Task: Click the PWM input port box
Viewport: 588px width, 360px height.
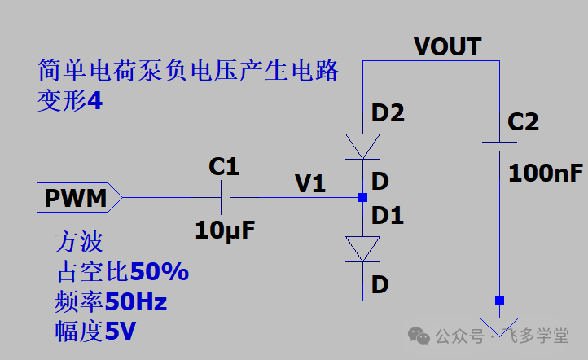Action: pyautogui.click(x=78, y=197)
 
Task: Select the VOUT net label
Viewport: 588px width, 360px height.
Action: pyautogui.click(x=447, y=46)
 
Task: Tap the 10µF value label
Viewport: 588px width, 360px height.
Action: pyautogui.click(x=225, y=230)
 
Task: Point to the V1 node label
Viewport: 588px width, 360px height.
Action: pyautogui.click(x=309, y=184)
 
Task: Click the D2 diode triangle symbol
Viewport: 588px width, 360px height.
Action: pyautogui.click(x=362, y=146)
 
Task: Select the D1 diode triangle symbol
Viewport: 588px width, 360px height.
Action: pyautogui.click(x=362, y=248)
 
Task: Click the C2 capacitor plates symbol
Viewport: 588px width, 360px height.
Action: pyautogui.click(x=499, y=146)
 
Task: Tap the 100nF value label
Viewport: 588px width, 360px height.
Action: pyautogui.click(x=546, y=173)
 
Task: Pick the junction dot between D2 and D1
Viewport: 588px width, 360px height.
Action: pyautogui.click(x=362, y=197)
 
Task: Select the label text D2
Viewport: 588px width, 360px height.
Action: pyautogui.click(x=388, y=113)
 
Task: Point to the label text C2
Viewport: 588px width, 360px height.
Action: pyautogui.click(x=523, y=122)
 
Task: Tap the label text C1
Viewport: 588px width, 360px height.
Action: pyautogui.click(x=224, y=167)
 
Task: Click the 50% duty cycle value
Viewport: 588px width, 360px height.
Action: pyautogui.click(x=159, y=272)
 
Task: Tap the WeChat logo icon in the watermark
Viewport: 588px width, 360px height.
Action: pyautogui.click(x=419, y=335)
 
